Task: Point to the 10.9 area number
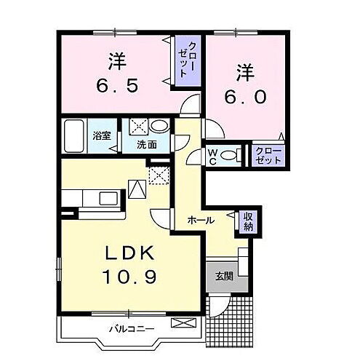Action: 124,277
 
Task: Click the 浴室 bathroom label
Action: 101,135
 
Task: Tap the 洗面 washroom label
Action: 148,145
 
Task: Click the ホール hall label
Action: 200,220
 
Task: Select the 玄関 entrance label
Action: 223,276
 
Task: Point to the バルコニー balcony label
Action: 132,328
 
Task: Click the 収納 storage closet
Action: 248,220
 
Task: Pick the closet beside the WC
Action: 268,155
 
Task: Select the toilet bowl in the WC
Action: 231,154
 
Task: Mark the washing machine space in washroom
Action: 138,127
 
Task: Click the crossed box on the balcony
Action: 178,321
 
